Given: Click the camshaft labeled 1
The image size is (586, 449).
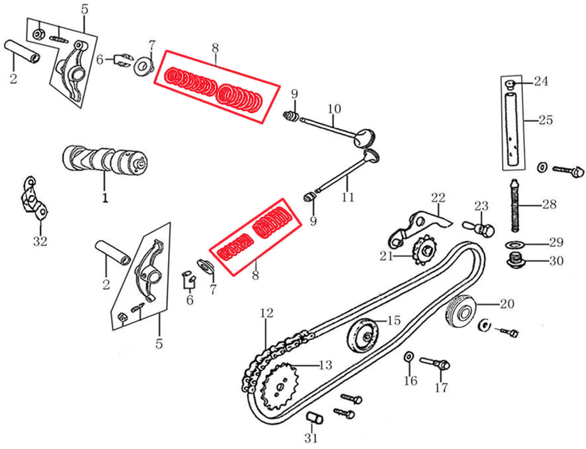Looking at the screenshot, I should click(105, 158).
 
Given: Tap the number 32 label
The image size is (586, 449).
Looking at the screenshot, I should click(40, 242).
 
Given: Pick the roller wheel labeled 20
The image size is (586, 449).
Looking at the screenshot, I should click(461, 310).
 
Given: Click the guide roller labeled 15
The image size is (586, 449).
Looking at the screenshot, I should click(364, 334).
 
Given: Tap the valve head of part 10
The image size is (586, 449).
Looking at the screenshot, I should click(365, 137).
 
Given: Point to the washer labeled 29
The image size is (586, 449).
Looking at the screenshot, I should click(513, 245).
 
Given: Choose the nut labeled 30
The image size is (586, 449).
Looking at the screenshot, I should click(516, 262).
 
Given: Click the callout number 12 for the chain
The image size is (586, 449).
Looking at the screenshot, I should click(266, 312).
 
